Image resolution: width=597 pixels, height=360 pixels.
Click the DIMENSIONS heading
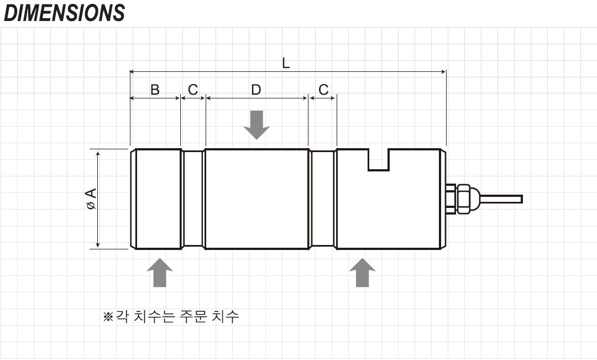64,13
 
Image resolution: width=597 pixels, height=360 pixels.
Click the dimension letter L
286,63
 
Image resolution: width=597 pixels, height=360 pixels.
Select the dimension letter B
155,90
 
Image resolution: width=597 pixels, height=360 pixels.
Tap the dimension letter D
256,90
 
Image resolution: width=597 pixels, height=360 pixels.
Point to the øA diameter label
91,199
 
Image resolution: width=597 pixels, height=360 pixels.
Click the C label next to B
192,90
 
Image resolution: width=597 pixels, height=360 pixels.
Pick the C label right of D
323,90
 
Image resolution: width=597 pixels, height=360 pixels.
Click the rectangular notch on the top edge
379,159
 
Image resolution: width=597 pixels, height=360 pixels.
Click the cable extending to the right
500,199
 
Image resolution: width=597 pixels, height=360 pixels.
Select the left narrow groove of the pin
193,199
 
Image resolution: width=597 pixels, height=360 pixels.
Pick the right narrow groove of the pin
323,199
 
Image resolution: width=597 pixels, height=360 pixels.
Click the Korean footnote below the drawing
171,317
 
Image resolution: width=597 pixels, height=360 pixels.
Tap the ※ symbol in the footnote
108,317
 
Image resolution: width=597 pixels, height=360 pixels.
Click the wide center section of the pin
256,199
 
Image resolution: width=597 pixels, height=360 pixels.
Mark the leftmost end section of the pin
156,199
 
